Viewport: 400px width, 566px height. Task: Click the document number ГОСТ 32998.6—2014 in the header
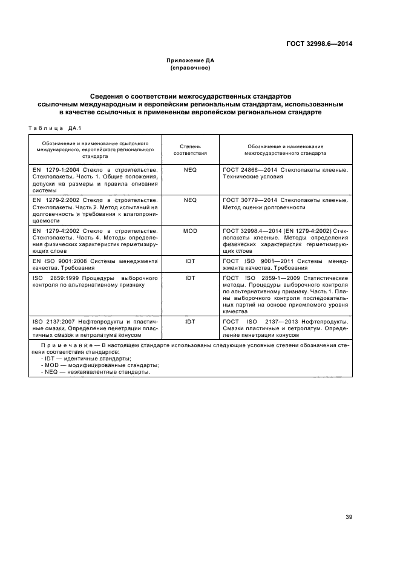click(x=319, y=44)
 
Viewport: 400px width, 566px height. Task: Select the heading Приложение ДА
click(x=191, y=60)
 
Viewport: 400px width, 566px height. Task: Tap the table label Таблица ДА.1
click(x=55, y=128)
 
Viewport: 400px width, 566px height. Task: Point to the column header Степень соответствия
click(x=190, y=150)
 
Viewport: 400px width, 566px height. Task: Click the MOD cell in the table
click(x=190, y=231)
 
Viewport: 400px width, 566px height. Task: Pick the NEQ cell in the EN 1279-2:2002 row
click(x=190, y=200)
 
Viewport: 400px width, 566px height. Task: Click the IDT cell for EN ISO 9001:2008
click(x=190, y=261)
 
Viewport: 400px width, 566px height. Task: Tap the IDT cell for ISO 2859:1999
click(x=190, y=278)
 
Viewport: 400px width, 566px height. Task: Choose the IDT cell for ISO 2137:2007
click(x=190, y=321)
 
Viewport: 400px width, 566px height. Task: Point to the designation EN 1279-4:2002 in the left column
click(x=60, y=231)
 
